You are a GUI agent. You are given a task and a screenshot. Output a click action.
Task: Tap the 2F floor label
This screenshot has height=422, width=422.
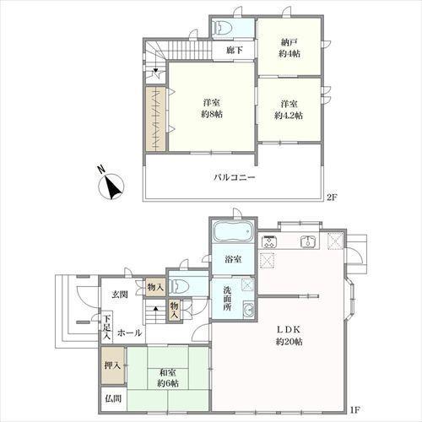pyautogui.click(x=332, y=197)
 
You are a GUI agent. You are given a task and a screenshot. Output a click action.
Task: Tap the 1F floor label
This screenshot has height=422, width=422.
pyautogui.click(x=355, y=409)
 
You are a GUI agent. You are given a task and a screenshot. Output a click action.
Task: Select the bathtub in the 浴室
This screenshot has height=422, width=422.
pyautogui.click(x=233, y=231)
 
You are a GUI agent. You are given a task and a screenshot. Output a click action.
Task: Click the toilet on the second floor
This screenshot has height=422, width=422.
pyautogui.click(x=223, y=28)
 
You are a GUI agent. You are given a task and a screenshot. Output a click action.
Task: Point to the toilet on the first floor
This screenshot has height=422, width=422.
pyautogui.click(x=179, y=286)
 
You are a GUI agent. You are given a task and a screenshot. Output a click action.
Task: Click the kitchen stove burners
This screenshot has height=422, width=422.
pyautogui.click(x=269, y=241)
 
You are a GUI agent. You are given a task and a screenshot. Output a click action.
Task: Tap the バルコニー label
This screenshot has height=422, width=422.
pyautogui.click(x=235, y=177)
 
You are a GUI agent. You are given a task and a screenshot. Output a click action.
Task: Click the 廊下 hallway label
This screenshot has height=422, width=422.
pyautogui.click(x=235, y=50)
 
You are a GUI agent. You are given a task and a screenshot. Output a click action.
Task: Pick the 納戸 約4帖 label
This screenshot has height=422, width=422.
pyautogui.click(x=289, y=48)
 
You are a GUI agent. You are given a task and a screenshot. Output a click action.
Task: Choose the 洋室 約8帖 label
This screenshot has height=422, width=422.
pyautogui.click(x=212, y=108)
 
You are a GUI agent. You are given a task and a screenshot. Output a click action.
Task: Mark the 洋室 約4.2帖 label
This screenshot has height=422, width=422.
pyautogui.click(x=289, y=110)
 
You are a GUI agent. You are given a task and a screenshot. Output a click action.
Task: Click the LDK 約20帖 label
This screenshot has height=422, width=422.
pyautogui.click(x=289, y=335)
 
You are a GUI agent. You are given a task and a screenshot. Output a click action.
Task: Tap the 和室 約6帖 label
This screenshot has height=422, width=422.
pyautogui.click(x=168, y=378)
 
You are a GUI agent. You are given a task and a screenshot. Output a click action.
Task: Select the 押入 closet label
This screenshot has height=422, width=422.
pyautogui.click(x=112, y=365)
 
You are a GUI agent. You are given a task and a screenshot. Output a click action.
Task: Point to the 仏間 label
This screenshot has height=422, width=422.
pyautogui.click(x=113, y=398)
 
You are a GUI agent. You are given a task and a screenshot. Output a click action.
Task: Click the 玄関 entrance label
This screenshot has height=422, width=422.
pyautogui.click(x=120, y=295)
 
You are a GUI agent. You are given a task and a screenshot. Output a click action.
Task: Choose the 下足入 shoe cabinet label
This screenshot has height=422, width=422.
pyautogui.click(x=107, y=327)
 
